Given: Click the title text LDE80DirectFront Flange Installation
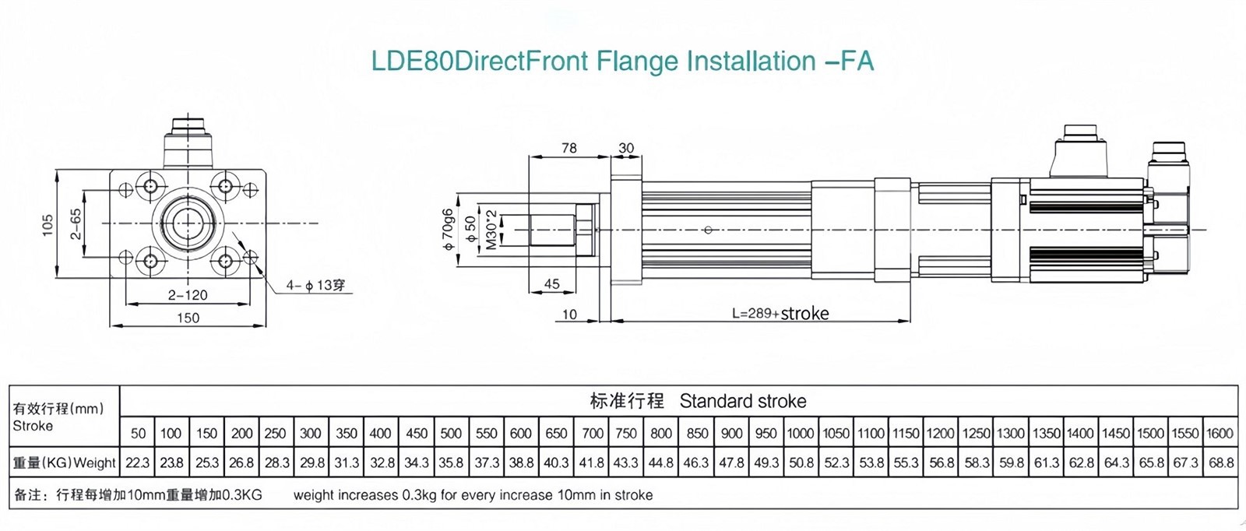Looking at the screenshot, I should pyautogui.click(x=622, y=62).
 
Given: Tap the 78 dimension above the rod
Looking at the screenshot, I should pyautogui.click(x=569, y=148).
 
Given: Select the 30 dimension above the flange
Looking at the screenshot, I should pyautogui.click(x=626, y=148).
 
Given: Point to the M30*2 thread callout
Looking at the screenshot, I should pyautogui.click(x=491, y=229).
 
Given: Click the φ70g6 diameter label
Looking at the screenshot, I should pyautogui.click(x=448, y=230).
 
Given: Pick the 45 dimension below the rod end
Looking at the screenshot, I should pyautogui.click(x=552, y=284).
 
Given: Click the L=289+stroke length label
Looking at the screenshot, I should pyautogui.click(x=780, y=313).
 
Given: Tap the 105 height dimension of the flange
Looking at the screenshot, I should pyautogui.click(x=48, y=226).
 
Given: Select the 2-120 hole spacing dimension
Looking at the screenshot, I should pyautogui.click(x=188, y=295).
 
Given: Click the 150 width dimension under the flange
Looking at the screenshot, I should pyautogui.click(x=188, y=318).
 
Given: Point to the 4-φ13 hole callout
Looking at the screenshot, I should pyautogui.click(x=315, y=286).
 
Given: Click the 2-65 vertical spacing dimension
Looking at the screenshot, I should pyautogui.click(x=76, y=224).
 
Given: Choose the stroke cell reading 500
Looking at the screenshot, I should pyautogui.click(x=451, y=434).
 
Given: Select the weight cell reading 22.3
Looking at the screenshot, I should pyautogui.click(x=138, y=463).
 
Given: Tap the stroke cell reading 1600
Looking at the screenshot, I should pyautogui.click(x=1220, y=434).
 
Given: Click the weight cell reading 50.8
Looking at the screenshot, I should pyautogui.click(x=801, y=463).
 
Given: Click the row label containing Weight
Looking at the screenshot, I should pyautogui.click(x=65, y=463).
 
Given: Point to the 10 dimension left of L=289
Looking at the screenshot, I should pyautogui.click(x=569, y=315).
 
